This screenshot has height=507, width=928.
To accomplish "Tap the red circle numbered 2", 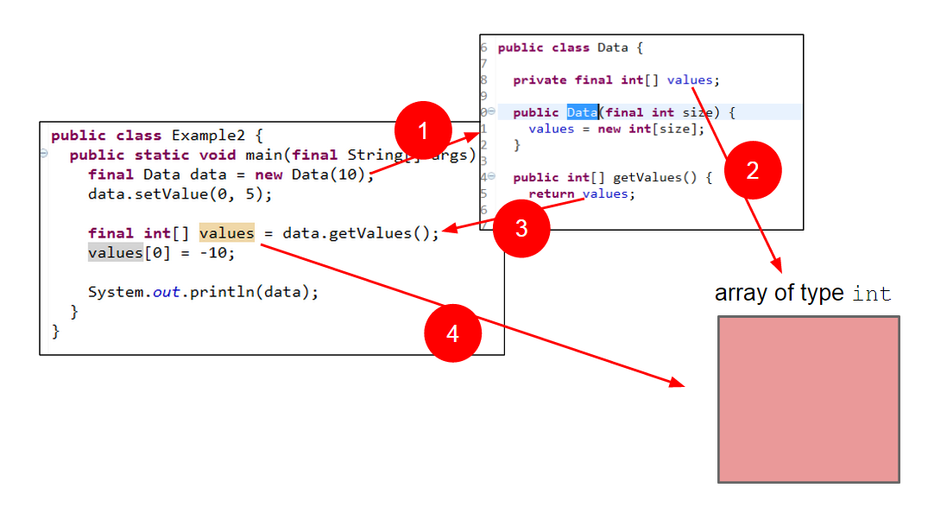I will click(752, 170).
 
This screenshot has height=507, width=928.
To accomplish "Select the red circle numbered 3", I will click(521, 229).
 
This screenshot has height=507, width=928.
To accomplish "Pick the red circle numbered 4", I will click(452, 333).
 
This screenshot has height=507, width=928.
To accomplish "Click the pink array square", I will click(808, 399).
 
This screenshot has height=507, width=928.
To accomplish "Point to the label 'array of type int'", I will click(802, 294).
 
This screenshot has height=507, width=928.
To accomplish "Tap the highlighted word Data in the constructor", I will click(582, 113).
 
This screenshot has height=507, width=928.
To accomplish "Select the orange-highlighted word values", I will click(227, 233).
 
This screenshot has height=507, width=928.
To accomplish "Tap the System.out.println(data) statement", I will click(203, 292).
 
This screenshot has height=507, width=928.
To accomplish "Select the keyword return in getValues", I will click(552, 194).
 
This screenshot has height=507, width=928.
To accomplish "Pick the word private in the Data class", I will click(540, 80).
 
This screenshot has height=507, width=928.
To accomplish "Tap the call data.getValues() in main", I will click(361, 233).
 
